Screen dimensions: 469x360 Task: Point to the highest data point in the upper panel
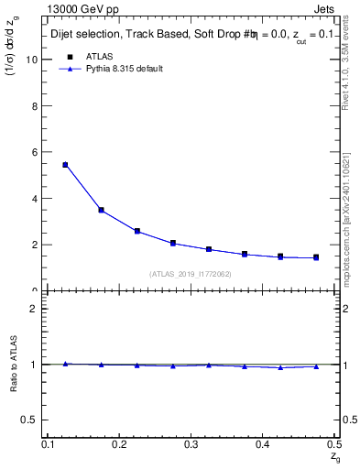pos(65,165)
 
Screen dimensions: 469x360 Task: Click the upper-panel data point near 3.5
pos(101,210)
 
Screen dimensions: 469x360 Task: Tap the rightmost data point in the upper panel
pos(316,257)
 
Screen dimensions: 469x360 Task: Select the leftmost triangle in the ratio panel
pos(65,364)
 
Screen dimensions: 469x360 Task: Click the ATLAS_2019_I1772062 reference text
pos(191,274)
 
